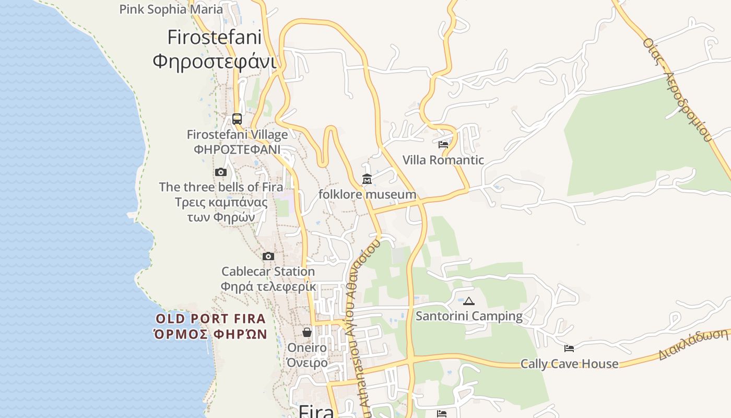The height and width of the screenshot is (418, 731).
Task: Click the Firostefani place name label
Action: (x=214, y=49)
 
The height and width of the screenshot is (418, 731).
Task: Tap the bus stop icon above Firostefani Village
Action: (x=237, y=119)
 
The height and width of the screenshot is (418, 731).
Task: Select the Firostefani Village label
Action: (x=237, y=142)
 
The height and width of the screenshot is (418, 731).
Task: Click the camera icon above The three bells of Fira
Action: (x=221, y=172)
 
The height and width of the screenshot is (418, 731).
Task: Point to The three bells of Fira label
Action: (x=221, y=202)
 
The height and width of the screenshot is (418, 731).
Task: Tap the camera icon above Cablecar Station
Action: (x=268, y=257)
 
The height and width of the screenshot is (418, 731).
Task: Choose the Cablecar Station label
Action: (x=268, y=279)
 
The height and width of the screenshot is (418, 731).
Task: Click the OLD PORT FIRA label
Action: (x=211, y=327)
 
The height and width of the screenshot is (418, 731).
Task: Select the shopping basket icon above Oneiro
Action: (x=307, y=332)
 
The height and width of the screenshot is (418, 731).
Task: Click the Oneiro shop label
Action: (x=307, y=355)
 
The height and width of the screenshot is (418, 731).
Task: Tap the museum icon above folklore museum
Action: (x=367, y=180)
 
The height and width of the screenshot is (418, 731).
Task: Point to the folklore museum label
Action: (x=368, y=195)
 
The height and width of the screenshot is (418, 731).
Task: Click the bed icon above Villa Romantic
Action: (x=443, y=145)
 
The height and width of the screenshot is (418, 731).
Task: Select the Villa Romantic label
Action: (x=443, y=160)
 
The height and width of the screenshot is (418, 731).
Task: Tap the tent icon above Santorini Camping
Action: (x=469, y=301)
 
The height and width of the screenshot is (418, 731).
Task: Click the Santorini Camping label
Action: (x=469, y=316)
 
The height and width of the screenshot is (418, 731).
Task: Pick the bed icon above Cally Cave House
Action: (x=569, y=349)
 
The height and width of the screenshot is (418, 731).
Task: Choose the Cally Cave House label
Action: (x=569, y=364)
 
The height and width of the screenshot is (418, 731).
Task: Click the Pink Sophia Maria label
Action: (x=171, y=9)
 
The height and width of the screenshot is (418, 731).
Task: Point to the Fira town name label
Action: (x=316, y=411)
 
